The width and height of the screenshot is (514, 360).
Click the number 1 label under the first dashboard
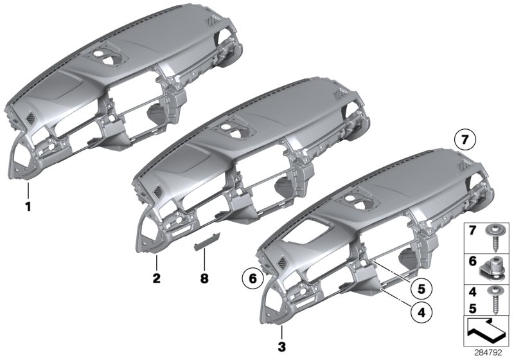pyautogui.click(x=28, y=207)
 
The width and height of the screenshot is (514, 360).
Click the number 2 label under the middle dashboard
pyautogui.click(x=156, y=278)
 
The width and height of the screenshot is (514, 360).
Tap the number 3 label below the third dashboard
pyautogui.click(x=281, y=347)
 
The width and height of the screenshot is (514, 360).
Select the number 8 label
pyautogui.click(x=204, y=279)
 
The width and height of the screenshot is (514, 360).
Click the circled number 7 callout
pyautogui.click(x=465, y=140)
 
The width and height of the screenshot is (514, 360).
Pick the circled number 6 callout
pyautogui.click(x=253, y=279)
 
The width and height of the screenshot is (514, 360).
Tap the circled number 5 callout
pyautogui.click(x=421, y=289)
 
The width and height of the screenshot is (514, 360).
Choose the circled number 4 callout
pyautogui.click(x=421, y=312)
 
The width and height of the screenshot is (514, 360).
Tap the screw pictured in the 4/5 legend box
pyautogui.click(x=493, y=300)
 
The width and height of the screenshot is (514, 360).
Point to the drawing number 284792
pyautogui.click(x=488, y=353)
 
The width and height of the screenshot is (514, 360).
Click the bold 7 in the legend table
pyautogui.click(x=472, y=231)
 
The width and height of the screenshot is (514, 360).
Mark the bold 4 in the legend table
pyautogui.click(x=472, y=291)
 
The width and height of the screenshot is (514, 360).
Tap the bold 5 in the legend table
pyautogui.click(x=472, y=308)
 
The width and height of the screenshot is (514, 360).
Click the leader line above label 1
pyautogui.click(x=28, y=191)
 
